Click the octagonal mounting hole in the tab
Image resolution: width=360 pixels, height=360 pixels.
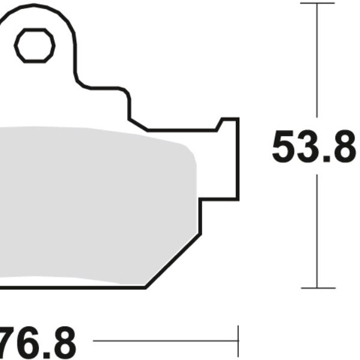[x=34, y=46]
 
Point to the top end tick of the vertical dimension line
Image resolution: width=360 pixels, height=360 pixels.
[x=317, y=4]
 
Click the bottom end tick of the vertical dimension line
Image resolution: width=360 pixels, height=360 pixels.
[x=317, y=287]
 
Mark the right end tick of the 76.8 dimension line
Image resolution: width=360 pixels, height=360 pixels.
[x=238, y=342]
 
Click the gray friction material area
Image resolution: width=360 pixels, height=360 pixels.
[x=90, y=204]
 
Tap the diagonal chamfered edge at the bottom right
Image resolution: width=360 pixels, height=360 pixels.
[x=173, y=260]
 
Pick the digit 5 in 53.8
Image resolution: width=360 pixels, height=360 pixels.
[x=284, y=147]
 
